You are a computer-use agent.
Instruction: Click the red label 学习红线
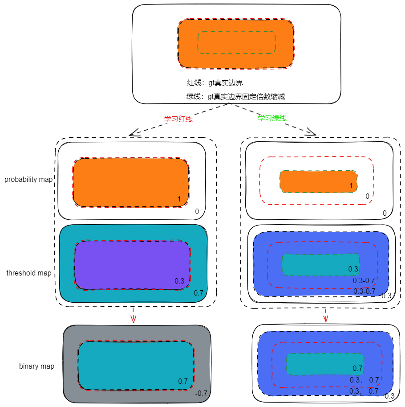pyautogui.click(x=178, y=119)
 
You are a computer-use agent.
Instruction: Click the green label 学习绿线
pyautogui.click(x=272, y=118)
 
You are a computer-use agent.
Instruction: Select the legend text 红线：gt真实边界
pyautogui.click(x=215, y=82)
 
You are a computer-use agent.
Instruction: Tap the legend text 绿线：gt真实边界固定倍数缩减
pyautogui.click(x=235, y=96)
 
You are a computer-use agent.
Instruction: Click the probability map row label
pyautogui.click(x=28, y=179)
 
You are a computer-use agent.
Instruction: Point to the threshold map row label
pyautogui.click(x=29, y=273)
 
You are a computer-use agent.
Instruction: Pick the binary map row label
pyautogui.click(x=36, y=366)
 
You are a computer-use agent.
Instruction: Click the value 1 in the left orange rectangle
pyautogui.click(x=179, y=199)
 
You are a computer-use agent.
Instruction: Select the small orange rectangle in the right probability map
pyautogui.click(x=319, y=181)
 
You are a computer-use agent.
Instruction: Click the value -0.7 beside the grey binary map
pyautogui.click(x=201, y=393)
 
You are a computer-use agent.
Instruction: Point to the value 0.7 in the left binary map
pyautogui.click(x=183, y=381)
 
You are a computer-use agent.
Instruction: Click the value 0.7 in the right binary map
pyautogui.click(x=358, y=368)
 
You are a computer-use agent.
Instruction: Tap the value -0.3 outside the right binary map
pyautogui.click(x=389, y=396)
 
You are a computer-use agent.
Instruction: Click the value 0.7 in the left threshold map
pyautogui.click(x=198, y=293)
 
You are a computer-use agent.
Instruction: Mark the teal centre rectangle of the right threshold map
pyautogui.click(x=320, y=264)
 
